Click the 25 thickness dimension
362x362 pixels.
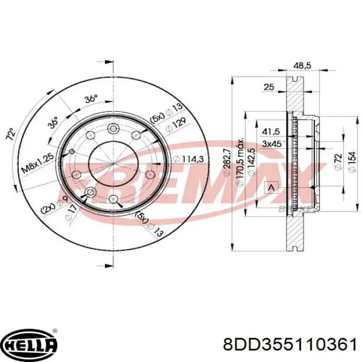268,87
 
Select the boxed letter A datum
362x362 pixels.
269,187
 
